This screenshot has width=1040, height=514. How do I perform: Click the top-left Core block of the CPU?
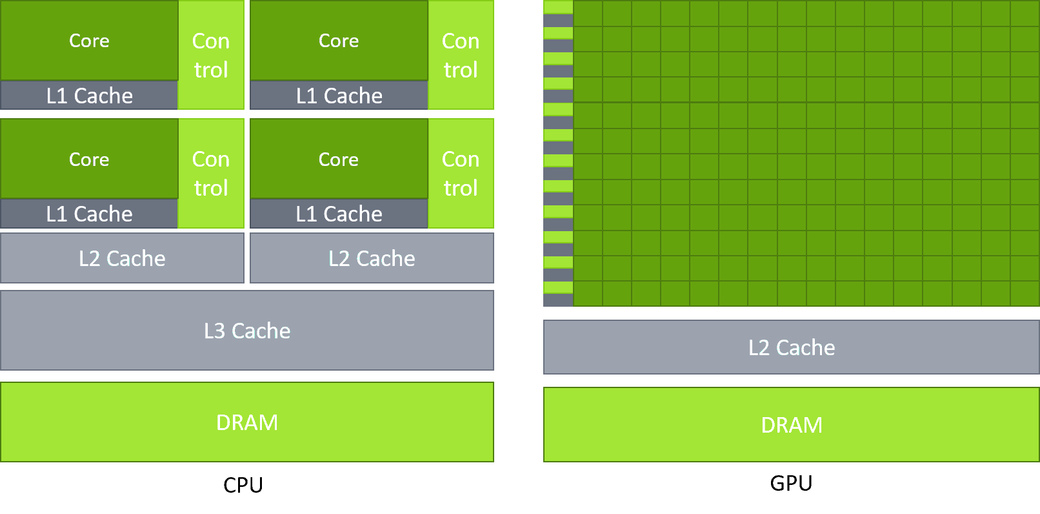(89, 41)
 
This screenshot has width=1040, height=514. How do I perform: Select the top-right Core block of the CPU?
(339, 41)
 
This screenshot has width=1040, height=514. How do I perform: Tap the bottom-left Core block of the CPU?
(89, 159)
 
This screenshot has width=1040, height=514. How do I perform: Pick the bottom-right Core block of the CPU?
(339, 159)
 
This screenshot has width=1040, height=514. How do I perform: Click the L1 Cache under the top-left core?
(89, 96)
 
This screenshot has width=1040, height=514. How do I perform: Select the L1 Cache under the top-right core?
(339, 96)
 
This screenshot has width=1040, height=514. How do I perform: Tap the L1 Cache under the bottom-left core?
(89, 214)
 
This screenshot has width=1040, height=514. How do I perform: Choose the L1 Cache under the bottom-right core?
(339, 214)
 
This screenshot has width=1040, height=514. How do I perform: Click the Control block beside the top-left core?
(211, 55)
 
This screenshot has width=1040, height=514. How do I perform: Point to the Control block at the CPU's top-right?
(461, 55)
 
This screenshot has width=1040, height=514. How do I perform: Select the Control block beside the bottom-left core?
(211, 173)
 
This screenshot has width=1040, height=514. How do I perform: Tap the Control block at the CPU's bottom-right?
(461, 173)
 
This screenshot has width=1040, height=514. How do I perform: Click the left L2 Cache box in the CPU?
(122, 258)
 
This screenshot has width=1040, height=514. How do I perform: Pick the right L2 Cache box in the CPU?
(372, 258)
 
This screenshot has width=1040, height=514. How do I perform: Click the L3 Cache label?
(247, 331)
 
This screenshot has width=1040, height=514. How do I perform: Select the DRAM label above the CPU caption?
(247, 422)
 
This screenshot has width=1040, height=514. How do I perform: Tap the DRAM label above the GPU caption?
(792, 425)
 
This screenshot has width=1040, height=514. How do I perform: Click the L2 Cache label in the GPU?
(792, 347)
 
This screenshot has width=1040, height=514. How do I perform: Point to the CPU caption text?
(243, 485)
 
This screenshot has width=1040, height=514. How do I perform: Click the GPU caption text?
(791, 483)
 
